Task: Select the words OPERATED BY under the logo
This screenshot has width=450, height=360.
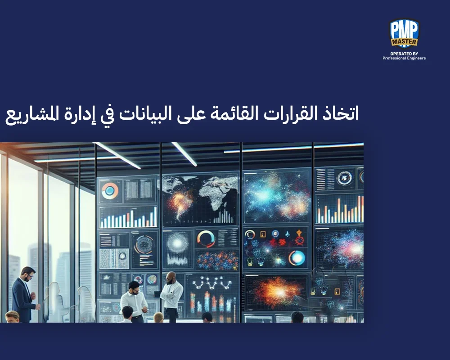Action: [404, 53]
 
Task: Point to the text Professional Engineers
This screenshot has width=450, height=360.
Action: [404, 58]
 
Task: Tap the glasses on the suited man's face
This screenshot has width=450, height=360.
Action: [28, 273]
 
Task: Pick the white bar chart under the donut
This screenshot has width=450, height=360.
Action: [128, 218]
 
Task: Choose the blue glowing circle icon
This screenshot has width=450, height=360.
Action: [297, 257]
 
